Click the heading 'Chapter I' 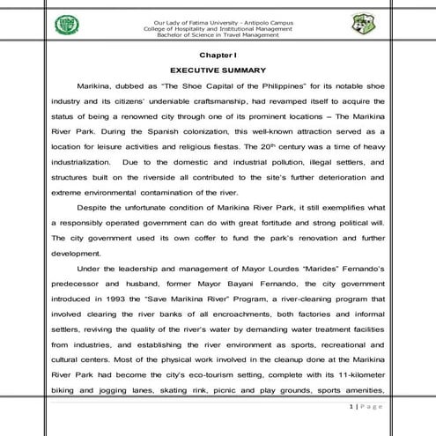(218, 55)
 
